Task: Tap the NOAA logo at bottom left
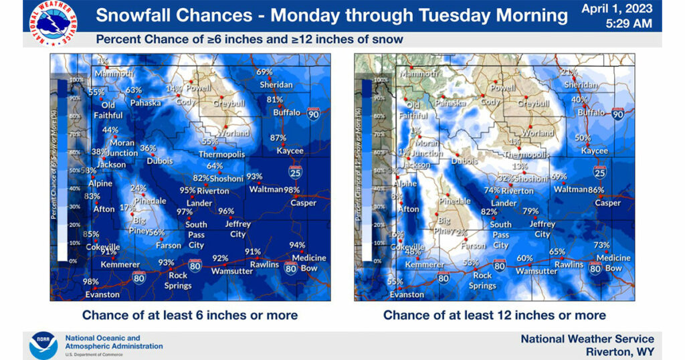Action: click(43, 345)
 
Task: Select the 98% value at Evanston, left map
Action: click(90, 282)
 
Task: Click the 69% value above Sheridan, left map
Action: click(265, 72)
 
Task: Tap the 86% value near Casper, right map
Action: click(595, 190)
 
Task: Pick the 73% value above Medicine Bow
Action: click(601, 246)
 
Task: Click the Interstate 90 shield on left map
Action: click(314, 114)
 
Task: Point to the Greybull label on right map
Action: click(533, 104)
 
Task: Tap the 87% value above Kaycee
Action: click(278, 138)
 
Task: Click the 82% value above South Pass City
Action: click(489, 212)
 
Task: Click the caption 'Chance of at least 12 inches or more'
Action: click(494, 314)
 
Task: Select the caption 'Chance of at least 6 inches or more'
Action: click(190, 314)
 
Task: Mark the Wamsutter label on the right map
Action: click(536, 271)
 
